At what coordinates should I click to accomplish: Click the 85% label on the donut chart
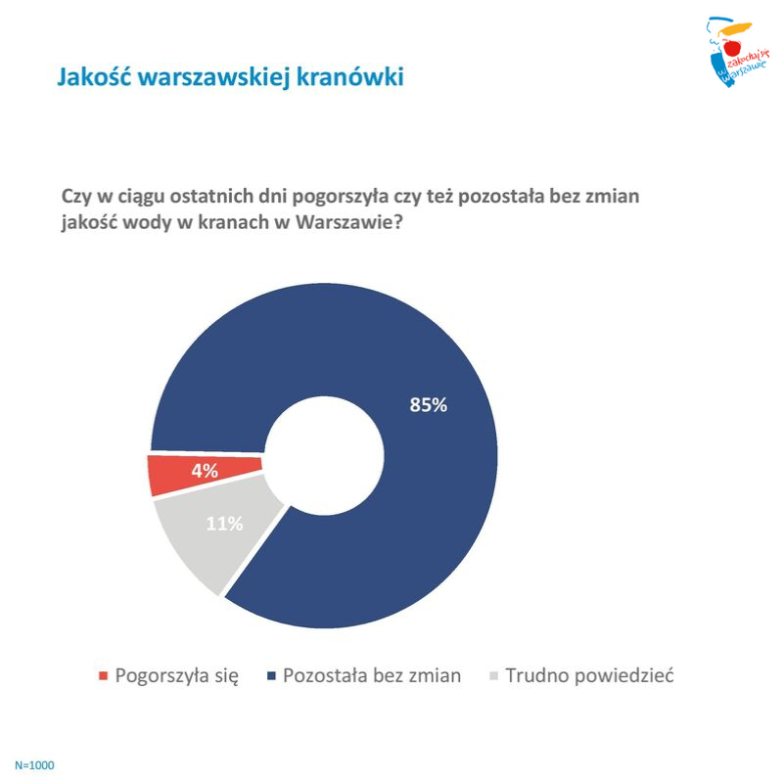428,404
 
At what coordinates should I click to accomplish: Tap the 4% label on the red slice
205,471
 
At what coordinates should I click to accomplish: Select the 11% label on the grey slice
224,524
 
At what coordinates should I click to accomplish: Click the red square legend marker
104,676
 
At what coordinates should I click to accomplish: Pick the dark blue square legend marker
272,676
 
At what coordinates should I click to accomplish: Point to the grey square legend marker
494,676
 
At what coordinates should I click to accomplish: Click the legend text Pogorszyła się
177,676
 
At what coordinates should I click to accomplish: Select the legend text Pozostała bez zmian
372,675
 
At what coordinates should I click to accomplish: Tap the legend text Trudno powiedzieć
590,675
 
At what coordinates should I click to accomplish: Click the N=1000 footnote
34,765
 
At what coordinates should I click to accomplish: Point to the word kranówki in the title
350,77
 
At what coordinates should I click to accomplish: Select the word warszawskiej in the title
214,78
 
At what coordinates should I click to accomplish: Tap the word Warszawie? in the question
348,222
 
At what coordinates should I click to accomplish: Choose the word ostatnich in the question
211,196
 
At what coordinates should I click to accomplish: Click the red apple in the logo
732,48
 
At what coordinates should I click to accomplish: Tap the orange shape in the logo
735,28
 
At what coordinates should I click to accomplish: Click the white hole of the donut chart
324,456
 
